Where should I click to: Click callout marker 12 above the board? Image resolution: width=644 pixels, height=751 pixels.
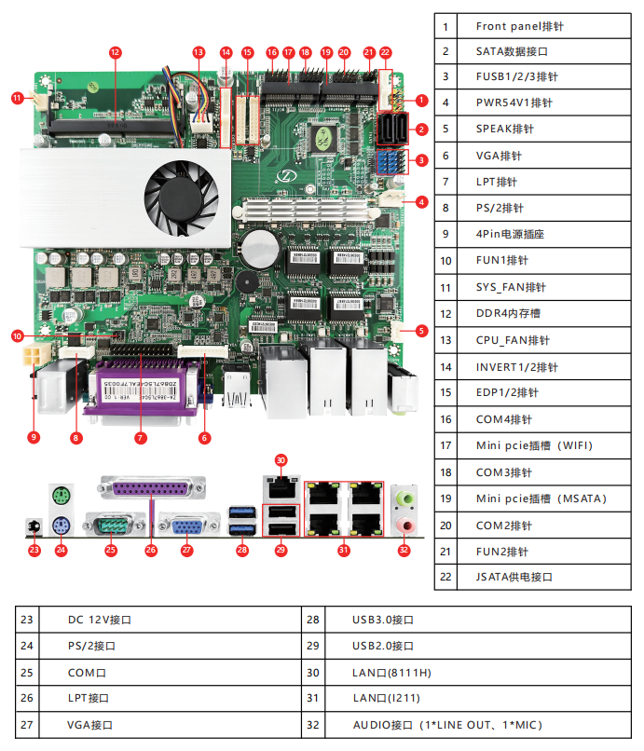click(116, 53)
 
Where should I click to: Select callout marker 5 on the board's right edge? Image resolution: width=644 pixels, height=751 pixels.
click(421, 330)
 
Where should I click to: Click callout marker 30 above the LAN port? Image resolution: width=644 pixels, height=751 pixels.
click(281, 459)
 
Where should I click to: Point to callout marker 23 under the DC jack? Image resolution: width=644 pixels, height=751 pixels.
click(34, 551)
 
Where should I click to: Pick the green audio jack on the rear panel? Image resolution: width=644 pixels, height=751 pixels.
click(404, 498)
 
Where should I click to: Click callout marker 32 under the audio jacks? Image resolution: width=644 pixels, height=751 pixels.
click(404, 551)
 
